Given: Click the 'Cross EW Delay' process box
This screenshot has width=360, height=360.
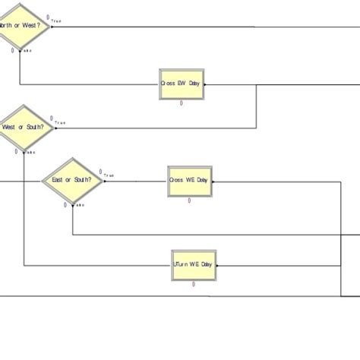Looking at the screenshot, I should tap(182, 84).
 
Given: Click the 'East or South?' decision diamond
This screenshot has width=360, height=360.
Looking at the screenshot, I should tap(72, 181).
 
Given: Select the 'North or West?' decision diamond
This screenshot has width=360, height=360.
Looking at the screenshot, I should tap(21, 26).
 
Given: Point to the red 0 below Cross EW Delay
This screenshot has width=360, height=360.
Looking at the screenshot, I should tap(182, 103).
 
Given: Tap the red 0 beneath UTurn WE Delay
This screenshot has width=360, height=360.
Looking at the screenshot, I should tap(194, 284).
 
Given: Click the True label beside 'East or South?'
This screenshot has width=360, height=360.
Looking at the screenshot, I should tap(109, 176).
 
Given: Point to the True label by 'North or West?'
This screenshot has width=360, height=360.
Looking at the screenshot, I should tap(55, 21).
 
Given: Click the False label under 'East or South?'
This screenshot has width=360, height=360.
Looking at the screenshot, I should tap(79, 205).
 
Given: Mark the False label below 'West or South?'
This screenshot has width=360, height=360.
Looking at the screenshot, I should tap(30, 151).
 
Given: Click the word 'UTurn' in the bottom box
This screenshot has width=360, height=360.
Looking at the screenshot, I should tap(182, 265).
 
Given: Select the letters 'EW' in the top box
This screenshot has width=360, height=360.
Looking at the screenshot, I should tap(182, 84).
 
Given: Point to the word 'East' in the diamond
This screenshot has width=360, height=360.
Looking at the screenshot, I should tap(61, 181).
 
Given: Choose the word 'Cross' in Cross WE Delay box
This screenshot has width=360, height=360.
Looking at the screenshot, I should tap(177, 181).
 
